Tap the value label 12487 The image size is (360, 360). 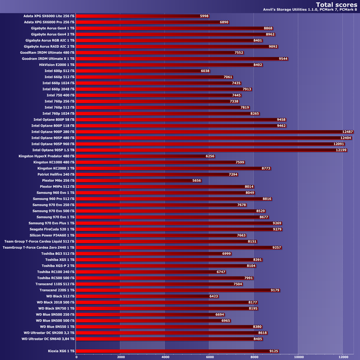[347, 131]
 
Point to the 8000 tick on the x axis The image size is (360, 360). [253, 357]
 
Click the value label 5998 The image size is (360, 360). [204, 16]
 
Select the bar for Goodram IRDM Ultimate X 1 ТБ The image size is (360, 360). [180, 58]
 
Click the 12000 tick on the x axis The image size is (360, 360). [342, 357]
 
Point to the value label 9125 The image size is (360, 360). [274, 350]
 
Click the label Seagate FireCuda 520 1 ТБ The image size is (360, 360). [48, 229]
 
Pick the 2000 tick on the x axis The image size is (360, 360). [120, 357]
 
